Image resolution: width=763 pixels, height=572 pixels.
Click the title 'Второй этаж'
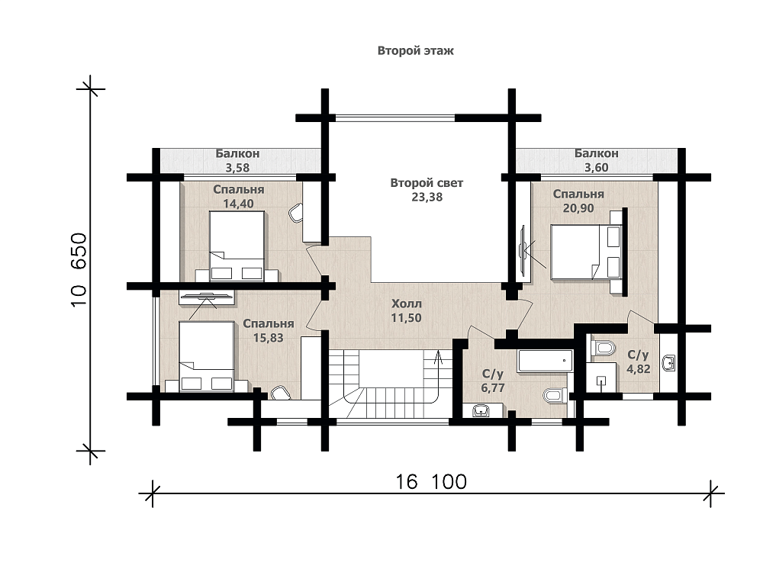pyautogui.click(x=416, y=50)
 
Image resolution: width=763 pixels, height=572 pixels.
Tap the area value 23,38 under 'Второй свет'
pyautogui.click(x=427, y=197)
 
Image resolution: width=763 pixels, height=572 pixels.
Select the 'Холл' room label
pyautogui.click(x=407, y=304)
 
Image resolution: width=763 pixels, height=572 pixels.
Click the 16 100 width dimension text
pyautogui.click(x=430, y=481)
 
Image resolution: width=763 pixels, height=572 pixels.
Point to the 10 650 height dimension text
pyautogui.click(x=79, y=269)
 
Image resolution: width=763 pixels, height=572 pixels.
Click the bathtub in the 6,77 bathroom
pyautogui.click(x=545, y=361)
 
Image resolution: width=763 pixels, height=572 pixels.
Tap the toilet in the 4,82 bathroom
pyautogui.click(x=603, y=349)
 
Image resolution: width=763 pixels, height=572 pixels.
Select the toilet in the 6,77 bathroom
pyautogui.click(x=554, y=394)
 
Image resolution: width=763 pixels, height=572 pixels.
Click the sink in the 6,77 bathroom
pyautogui.click(x=481, y=412)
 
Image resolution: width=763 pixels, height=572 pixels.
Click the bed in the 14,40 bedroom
pyautogui.click(x=237, y=246)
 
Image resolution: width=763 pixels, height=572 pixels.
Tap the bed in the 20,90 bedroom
pyautogui.click(x=586, y=252)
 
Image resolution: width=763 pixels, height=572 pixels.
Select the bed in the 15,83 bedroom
pyautogui.click(x=207, y=356)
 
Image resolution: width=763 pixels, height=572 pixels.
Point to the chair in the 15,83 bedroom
pyautogui.click(x=280, y=393)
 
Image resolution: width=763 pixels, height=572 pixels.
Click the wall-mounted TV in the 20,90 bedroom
pyautogui.click(x=523, y=249)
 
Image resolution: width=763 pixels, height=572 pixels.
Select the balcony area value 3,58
pyautogui.click(x=237, y=168)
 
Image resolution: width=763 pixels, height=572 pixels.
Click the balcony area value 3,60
pyautogui.click(x=596, y=167)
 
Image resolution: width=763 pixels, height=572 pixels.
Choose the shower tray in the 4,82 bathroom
pyautogui.click(x=601, y=378)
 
